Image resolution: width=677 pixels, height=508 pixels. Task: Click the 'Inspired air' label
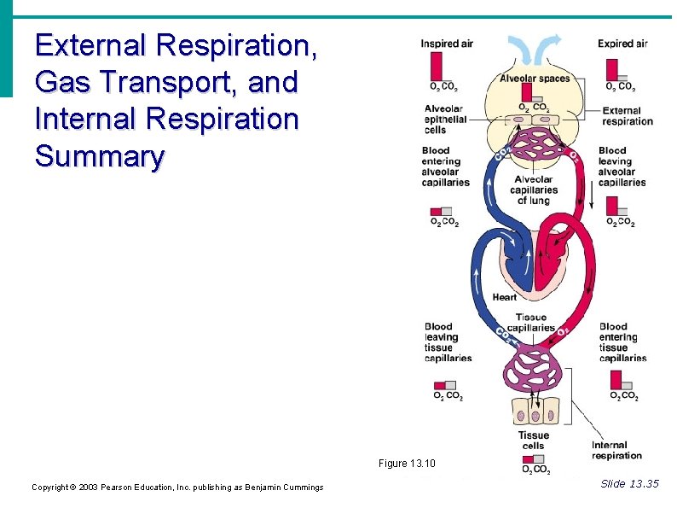tap(446, 44)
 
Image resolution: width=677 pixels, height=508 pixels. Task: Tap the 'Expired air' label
tap(622, 44)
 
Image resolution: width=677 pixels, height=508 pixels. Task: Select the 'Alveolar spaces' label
tap(535, 79)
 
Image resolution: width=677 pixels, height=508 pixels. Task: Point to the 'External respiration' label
tap(628, 116)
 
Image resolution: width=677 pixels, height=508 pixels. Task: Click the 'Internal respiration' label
tap(616, 450)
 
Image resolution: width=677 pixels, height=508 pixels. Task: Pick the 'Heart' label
tap(505, 297)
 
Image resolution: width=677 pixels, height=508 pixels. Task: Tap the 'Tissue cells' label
tap(534, 441)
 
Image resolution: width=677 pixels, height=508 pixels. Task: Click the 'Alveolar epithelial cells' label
tap(445, 120)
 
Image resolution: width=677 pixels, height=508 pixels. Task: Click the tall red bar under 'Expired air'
tap(611, 69)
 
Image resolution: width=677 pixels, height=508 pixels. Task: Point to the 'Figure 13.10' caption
tap(407, 464)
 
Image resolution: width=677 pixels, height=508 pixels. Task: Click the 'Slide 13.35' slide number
tap(629, 484)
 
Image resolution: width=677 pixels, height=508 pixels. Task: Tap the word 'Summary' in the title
tap(99, 156)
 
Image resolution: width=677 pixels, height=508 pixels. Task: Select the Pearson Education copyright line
tap(177, 487)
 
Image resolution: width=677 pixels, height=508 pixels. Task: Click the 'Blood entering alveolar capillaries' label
tap(445, 166)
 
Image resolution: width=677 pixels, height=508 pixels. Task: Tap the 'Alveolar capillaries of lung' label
tap(534, 190)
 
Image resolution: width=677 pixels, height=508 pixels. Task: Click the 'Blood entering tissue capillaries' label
tap(623, 342)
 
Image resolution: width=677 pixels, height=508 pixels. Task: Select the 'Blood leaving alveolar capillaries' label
tap(622, 166)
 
